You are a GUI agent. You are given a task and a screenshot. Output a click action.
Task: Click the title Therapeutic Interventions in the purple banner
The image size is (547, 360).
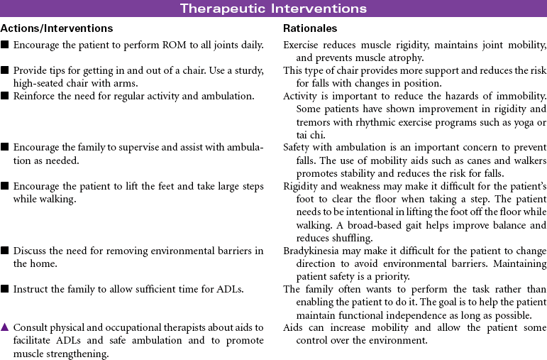click(273, 9)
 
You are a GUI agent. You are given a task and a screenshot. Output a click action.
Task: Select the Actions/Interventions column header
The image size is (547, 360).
click(57, 28)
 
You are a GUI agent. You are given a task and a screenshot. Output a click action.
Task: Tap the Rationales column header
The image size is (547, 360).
click(310, 28)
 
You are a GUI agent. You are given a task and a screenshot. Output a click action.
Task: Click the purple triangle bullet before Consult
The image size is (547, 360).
click(4, 327)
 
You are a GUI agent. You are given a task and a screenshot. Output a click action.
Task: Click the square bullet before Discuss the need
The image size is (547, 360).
click(4, 251)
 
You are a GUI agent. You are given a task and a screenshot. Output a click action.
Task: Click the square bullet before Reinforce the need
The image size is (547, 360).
click(4, 96)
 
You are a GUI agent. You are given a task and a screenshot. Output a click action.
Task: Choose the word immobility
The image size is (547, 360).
click(520, 96)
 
